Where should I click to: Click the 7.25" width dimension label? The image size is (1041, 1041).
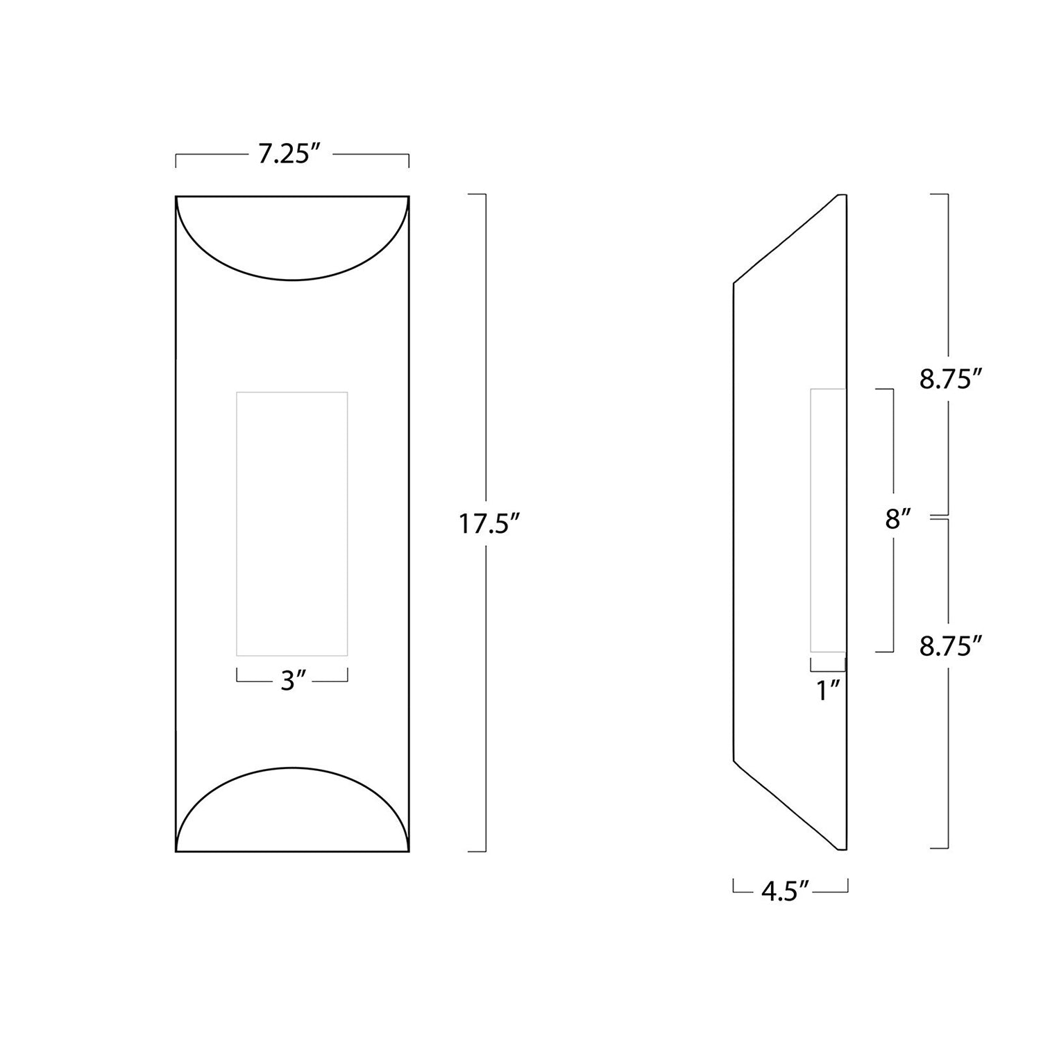[x=292, y=154]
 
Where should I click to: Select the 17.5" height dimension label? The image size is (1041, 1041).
[x=488, y=523]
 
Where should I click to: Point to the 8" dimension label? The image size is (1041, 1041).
[x=897, y=519]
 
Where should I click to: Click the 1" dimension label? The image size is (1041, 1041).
[x=828, y=691]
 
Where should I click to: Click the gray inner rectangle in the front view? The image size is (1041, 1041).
[x=292, y=523]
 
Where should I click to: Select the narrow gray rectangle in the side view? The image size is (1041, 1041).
[x=827, y=520]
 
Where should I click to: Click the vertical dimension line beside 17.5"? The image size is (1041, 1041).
[x=485, y=347]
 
